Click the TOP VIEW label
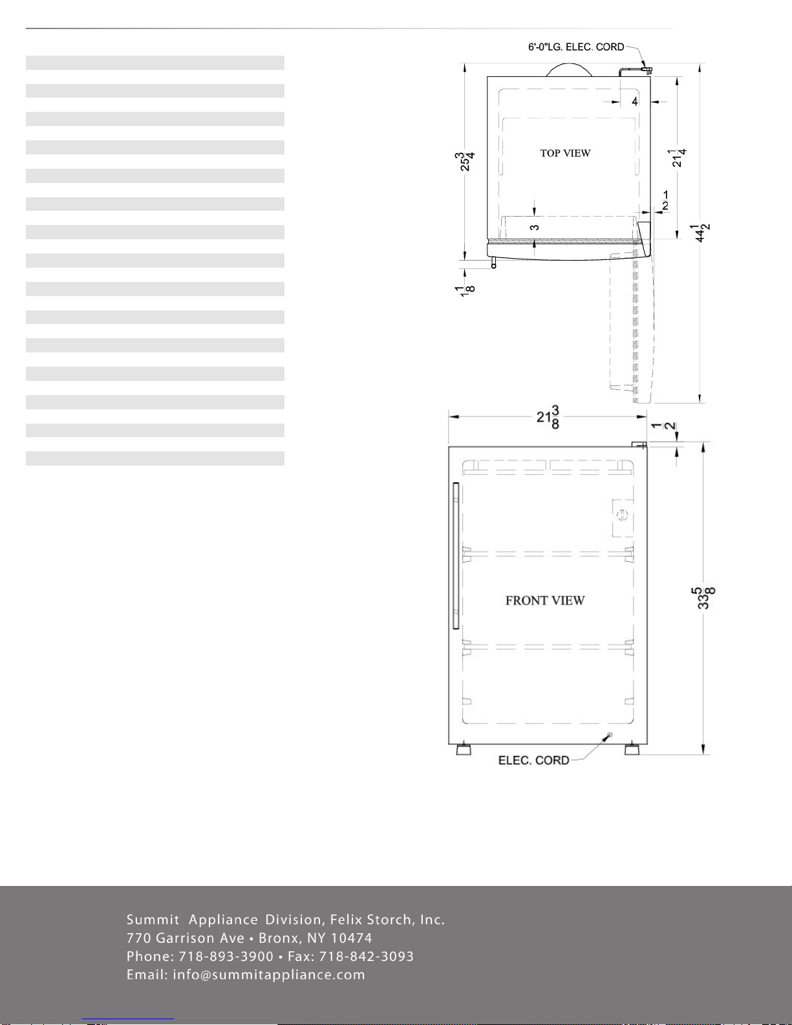tap(565, 153)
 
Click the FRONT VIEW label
tap(545, 601)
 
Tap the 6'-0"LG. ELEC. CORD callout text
tap(575, 47)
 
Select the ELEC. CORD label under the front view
tap(533, 761)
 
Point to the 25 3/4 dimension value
tap(465, 161)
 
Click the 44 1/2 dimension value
tap(701, 233)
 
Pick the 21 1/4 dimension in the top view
tap(677, 158)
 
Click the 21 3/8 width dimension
tap(548, 417)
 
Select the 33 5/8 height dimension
tap(703, 598)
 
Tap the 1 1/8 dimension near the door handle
tap(465, 289)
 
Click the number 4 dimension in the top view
tap(635, 102)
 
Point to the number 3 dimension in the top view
tap(534, 228)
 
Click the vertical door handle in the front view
tap(455, 556)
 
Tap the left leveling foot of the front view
tap(464, 750)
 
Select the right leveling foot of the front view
tap(632, 750)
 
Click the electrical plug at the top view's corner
tap(647, 70)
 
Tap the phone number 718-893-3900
tap(226, 956)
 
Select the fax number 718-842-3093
tap(367, 956)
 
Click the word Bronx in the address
tap(278, 938)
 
